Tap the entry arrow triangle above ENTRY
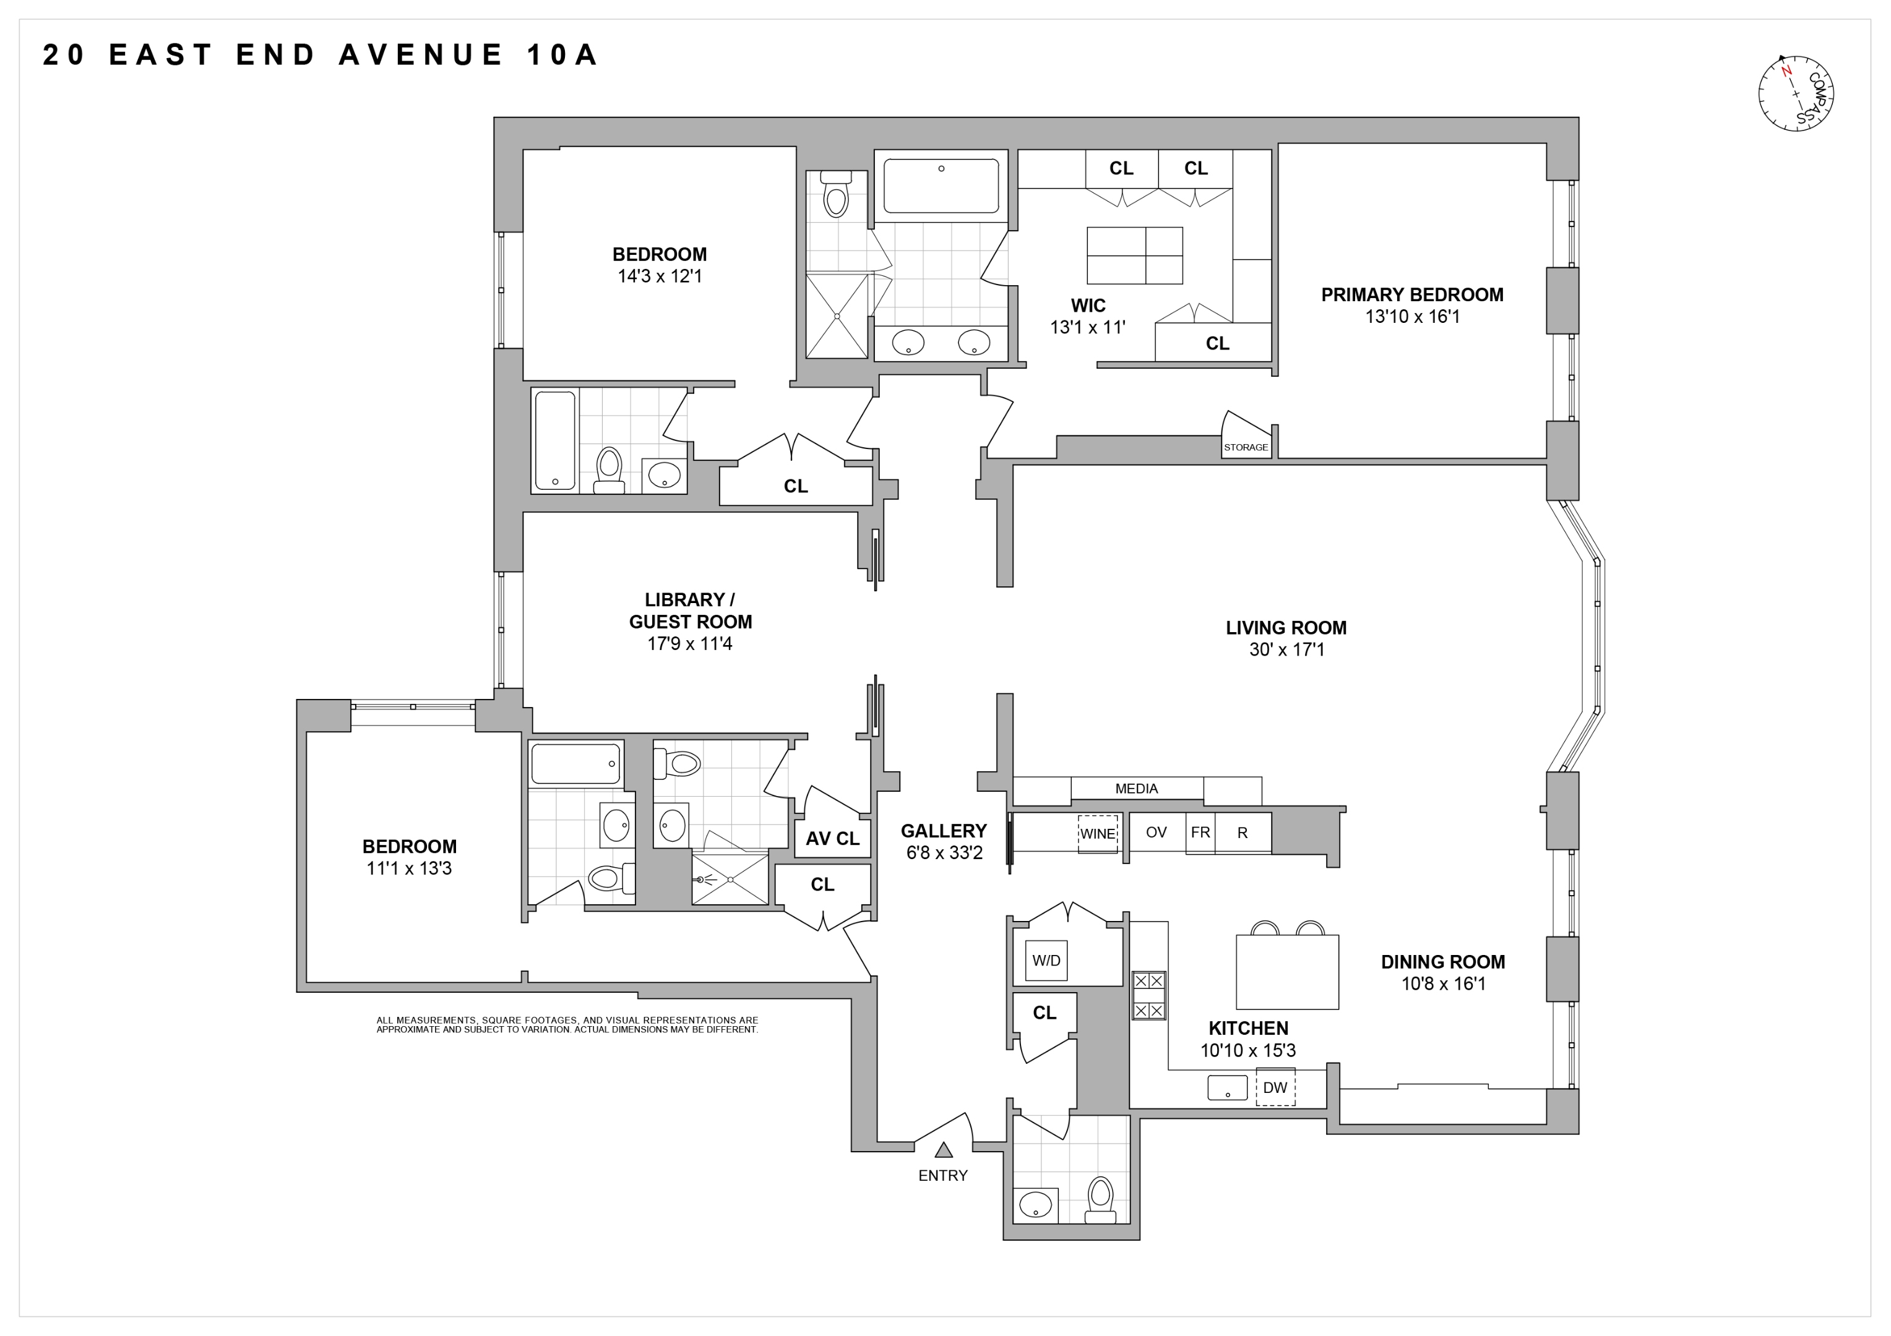point(943,1150)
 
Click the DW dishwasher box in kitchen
point(1274,1087)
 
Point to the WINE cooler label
point(1097,833)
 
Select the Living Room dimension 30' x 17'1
point(1286,649)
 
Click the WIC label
point(1087,306)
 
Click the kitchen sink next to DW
point(1226,1087)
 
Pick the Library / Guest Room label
point(690,611)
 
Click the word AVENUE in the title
point(421,55)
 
